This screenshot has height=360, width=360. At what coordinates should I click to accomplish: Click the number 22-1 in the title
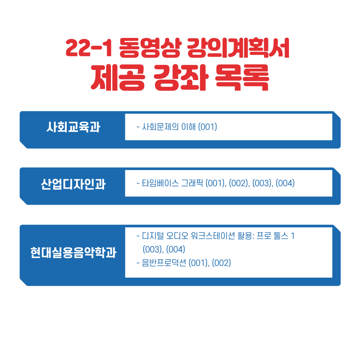(x=89, y=48)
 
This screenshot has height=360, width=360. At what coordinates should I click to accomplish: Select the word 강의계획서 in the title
(x=238, y=48)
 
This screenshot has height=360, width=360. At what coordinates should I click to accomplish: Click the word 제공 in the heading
(x=118, y=77)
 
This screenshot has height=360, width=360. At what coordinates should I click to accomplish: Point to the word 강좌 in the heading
(x=181, y=77)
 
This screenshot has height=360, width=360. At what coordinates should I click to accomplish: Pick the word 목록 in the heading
(x=242, y=77)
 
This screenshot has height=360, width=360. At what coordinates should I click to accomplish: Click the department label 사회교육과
(x=73, y=127)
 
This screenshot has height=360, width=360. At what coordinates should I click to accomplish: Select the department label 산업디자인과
(x=73, y=184)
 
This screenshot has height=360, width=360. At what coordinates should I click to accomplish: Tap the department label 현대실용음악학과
(x=73, y=253)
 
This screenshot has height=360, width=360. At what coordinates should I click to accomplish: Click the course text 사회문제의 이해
(x=169, y=127)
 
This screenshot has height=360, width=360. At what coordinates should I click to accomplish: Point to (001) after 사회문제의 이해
(x=208, y=127)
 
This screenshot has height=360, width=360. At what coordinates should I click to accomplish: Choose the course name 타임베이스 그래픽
(x=172, y=183)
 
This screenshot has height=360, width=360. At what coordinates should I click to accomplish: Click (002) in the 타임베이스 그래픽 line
(x=239, y=183)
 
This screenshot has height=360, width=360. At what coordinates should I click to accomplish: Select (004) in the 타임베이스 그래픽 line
(x=285, y=183)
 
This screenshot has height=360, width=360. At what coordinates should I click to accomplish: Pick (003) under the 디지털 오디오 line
(x=152, y=249)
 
